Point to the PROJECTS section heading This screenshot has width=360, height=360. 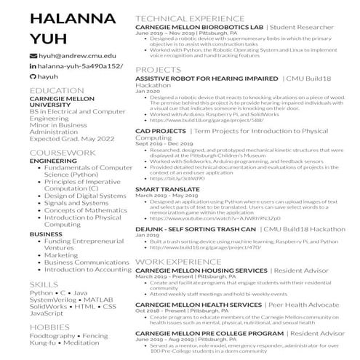click(158, 69)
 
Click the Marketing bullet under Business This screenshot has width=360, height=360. click(61, 255)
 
